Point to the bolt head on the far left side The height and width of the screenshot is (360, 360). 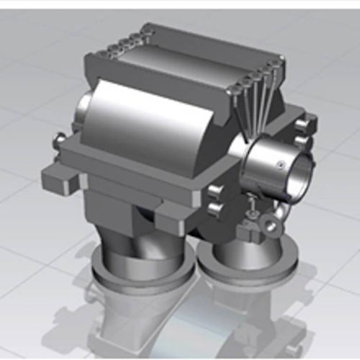tap(58, 140)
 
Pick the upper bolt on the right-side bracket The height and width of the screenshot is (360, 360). tap(302, 127)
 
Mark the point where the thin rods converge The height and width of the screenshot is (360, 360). tap(249, 135)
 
